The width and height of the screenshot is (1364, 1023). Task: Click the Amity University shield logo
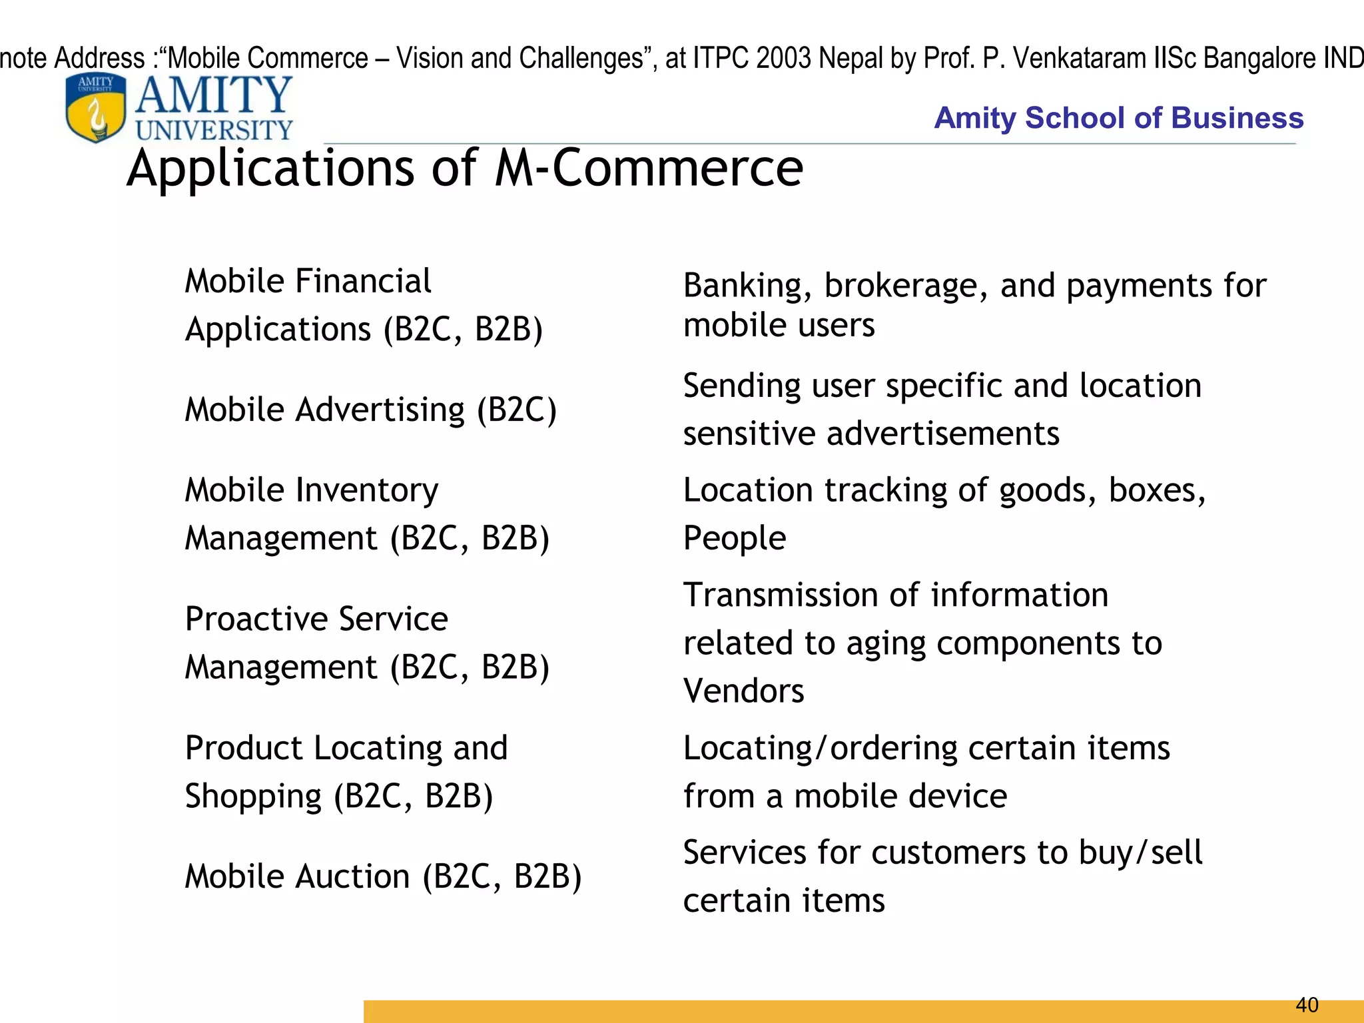point(96,107)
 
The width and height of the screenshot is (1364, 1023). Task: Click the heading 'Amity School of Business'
point(1118,118)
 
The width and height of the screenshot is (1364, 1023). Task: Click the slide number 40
point(1307,1004)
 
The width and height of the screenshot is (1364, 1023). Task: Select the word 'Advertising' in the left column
point(380,410)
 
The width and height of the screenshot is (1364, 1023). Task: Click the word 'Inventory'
point(367,490)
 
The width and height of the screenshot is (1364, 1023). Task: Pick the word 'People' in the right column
point(735,538)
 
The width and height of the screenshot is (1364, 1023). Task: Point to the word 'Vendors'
point(744,691)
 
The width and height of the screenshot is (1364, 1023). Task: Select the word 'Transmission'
point(777,595)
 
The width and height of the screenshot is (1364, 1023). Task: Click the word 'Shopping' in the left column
point(253,797)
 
